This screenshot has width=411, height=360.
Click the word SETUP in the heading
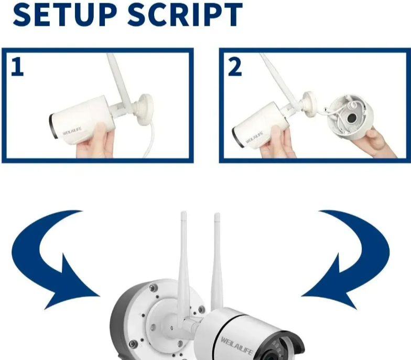pos(64,15)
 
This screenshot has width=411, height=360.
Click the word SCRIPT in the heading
pos(185,15)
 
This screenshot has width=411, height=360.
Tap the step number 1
pos(17,67)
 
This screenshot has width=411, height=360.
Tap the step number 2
pos(235,67)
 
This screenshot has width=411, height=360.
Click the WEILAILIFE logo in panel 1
pos(72,131)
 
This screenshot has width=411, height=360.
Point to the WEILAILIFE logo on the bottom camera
pos(237,345)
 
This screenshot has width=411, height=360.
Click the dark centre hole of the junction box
pos(351,119)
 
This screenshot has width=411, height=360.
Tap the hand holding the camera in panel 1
pos(95,143)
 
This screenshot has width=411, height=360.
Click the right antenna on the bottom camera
pos(217,260)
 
